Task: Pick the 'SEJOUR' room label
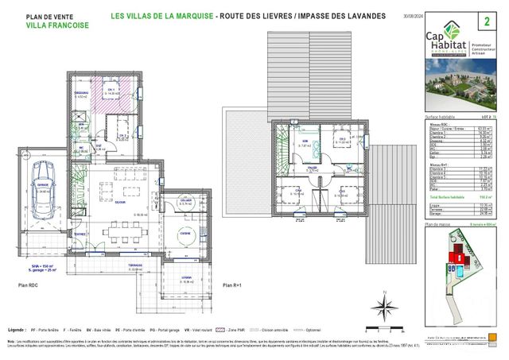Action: (x=119, y=203)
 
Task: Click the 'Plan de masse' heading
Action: (x=438, y=226)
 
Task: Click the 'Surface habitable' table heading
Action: (x=441, y=116)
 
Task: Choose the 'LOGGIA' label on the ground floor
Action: (x=185, y=277)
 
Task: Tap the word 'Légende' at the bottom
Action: (x=16, y=327)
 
